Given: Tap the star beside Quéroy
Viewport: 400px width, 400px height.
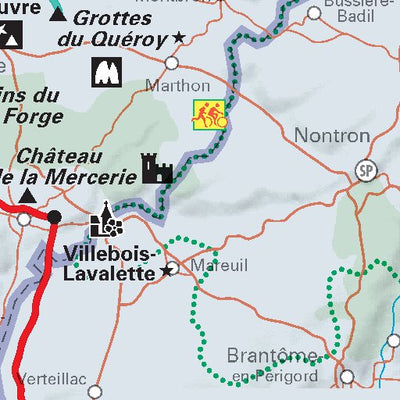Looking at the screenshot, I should (x=180, y=37).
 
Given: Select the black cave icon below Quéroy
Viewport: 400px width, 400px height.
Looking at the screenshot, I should (x=105, y=72).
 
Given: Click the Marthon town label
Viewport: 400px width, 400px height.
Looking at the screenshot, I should (x=177, y=85).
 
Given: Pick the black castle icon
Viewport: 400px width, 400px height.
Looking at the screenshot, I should (x=158, y=169).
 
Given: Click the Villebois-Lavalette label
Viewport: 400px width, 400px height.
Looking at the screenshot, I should (x=109, y=261).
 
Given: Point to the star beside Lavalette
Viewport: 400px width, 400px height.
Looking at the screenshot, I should (x=166, y=271).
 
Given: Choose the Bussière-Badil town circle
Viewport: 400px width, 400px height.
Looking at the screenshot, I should (x=314, y=13).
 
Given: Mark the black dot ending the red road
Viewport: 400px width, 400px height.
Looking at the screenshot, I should (x=54, y=216).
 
